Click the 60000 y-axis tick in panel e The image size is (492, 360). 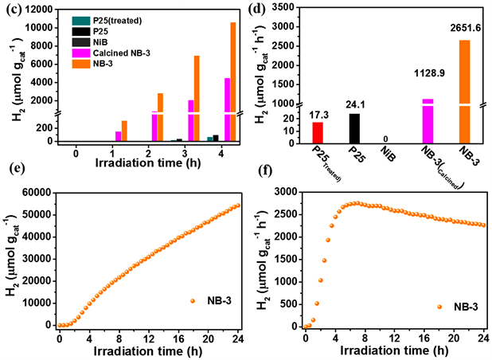tap(39, 193)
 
